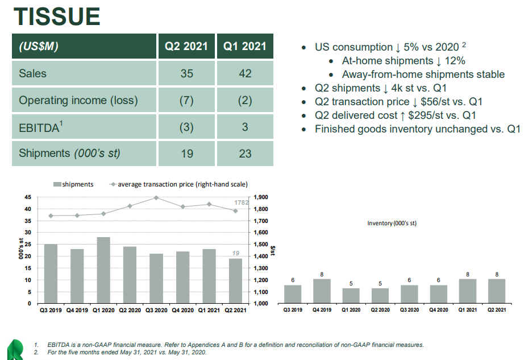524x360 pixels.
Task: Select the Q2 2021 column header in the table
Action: (x=186, y=46)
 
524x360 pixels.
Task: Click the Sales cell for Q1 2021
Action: (x=245, y=73)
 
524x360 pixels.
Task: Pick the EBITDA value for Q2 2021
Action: (x=186, y=127)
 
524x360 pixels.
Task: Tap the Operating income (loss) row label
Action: (x=78, y=100)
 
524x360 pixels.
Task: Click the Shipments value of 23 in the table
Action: (x=245, y=154)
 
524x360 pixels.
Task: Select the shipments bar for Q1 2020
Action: (x=103, y=270)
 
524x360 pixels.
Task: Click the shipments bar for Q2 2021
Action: (x=236, y=281)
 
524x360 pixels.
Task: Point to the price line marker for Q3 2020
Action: (x=156, y=198)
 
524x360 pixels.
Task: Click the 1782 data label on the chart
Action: (x=242, y=203)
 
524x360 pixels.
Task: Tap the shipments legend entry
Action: (x=73, y=184)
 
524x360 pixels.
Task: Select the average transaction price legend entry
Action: (x=176, y=184)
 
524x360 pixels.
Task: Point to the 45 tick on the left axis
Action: (x=27, y=197)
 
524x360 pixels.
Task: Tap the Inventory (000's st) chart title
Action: (x=392, y=223)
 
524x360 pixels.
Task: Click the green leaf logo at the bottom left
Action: (x=15, y=348)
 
